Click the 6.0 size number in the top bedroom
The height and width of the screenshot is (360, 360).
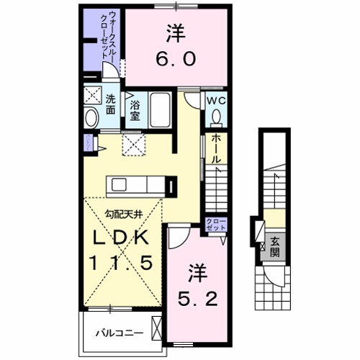tap(176, 61)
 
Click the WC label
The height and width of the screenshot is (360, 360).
tap(217, 102)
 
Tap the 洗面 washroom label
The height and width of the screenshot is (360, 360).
tap(111, 105)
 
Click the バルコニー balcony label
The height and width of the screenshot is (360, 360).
tap(120, 333)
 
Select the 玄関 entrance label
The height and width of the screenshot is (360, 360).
tap(275, 248)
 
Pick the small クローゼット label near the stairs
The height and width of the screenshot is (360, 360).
tap(215, 223)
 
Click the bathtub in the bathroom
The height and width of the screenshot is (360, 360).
tap(160, 109)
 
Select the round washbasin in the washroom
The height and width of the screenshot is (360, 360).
tap(91, 117)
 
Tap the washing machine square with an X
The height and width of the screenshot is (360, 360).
tap(91, 96)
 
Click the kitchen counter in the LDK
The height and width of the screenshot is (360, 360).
tap(137, 185)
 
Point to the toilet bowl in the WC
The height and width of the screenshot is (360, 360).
tap(217, 118)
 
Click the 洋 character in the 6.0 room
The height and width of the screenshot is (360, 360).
tap(176, 34)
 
